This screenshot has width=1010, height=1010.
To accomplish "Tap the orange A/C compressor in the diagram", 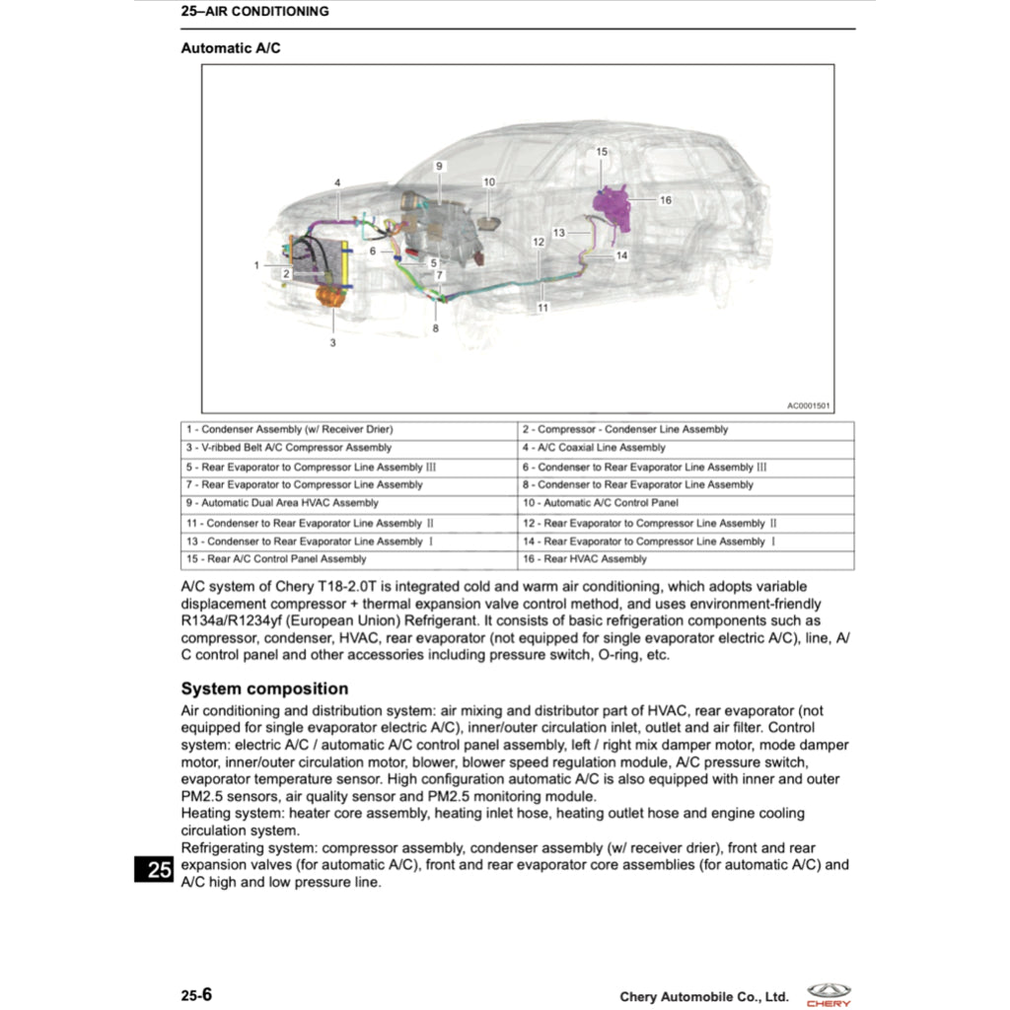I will (x=329, y=294).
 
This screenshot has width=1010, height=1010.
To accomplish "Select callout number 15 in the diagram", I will (x=602, y=152).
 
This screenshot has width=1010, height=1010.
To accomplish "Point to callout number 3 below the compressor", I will (x=332, y=343).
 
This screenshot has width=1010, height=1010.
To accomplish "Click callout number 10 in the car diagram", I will (x=489, y=181).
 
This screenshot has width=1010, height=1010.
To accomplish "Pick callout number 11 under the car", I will (x=542, y=308).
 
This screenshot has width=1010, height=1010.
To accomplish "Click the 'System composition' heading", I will (x=264, y=688).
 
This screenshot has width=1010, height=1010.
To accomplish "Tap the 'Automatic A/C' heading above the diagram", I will (x=231, y=47).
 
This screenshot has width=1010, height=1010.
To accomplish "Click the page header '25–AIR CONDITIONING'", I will (x=254, y=12).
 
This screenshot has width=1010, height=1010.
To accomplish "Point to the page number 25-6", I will (x=196, y=995).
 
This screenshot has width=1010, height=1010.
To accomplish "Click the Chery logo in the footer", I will (x=829, y=994).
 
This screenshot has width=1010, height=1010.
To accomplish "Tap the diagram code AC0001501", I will (x=808, y=405).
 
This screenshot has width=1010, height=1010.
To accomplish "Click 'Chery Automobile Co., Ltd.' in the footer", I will (x=704, y=997).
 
